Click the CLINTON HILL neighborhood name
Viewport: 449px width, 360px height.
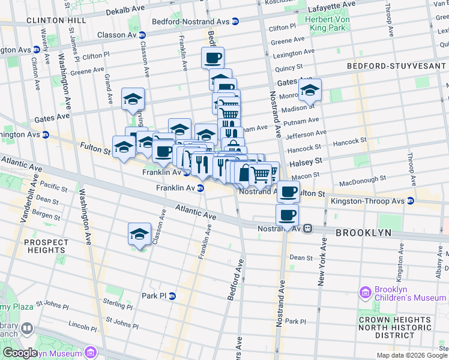click(x=52, y=20)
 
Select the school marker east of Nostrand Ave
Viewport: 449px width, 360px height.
click(x=310, y=91)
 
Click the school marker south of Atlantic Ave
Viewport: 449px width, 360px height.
click(x=139, y=235)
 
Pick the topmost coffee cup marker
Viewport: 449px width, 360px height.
click(x=212, y=59)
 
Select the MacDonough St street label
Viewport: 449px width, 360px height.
click(x=362, y=179)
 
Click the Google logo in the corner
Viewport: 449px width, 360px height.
click(x=19, y=353)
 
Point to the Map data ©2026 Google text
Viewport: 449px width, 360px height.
click(x=411, y=355)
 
